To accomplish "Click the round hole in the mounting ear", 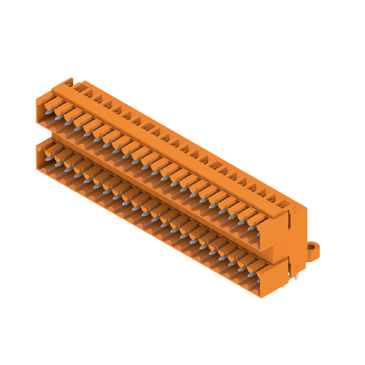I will click(312, 248).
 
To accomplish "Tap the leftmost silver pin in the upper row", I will click(48, 111).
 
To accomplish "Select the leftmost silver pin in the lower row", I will click(49, 158).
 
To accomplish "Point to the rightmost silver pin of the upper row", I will click(252, 227).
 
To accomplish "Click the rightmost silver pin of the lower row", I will click(251, 274).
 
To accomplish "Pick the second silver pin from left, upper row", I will click(58, 117).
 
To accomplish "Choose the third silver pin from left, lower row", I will click(68, 169).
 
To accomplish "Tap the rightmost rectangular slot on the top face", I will click(284, 205).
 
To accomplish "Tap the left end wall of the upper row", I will click(40, 109).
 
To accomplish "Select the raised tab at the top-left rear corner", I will click(68, 82).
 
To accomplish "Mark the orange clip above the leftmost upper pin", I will click(54, 104).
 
